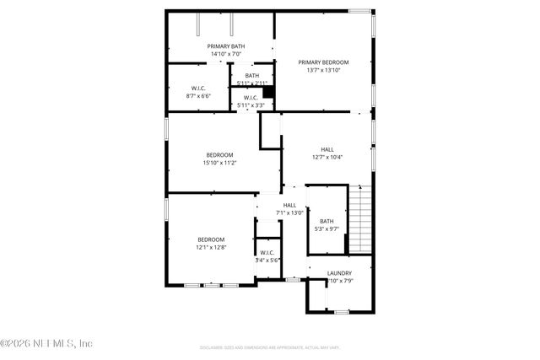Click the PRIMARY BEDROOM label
click(x=324, y=62)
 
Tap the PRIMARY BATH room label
click(x=227, y=46)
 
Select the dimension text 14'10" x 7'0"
click(x=227, y=55)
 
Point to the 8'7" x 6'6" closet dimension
click(x=198, y=96)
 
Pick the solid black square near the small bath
click(x=268, y=93)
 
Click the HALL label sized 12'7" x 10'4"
click(x=327, y=149)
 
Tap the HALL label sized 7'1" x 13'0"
click(x=289, y=205)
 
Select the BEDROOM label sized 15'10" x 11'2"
click(x=219, y=154)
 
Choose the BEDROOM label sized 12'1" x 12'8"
click(x=212, y=239)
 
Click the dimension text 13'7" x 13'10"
click(x=324, y=70)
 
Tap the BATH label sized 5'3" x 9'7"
click(x=327, y=221)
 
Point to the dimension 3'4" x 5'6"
click(x=267, y=261)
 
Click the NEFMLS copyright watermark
click(x=46, y=343)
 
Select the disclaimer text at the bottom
click(x=270, y=347)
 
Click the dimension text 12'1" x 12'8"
click(x=212, y=247)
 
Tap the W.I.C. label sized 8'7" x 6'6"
click(x=198, y=88)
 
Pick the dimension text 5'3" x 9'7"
click(x=327, y=228)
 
